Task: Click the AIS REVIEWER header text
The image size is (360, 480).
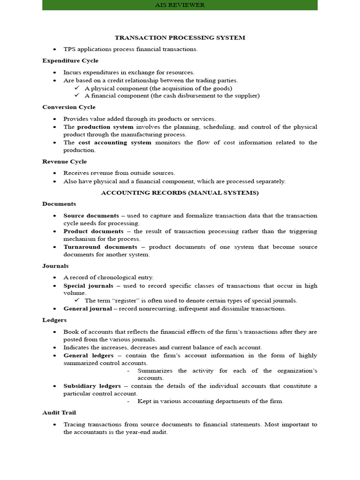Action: [x=180, y=5]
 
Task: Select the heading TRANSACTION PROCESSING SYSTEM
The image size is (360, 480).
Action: [x=180, y=37]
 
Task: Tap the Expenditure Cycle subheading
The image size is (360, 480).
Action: [x=70, y=60]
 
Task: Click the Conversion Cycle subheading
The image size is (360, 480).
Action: [x=68, y=107]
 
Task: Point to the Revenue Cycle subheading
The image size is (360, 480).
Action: [x=64, y=162]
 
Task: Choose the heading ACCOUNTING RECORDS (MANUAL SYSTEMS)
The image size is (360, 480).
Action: [x=180, y=193]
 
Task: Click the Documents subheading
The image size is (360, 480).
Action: [x=59, y=204]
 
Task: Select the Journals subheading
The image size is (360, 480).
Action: [x=55, y=266]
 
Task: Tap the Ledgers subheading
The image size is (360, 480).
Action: [x=54, y=320]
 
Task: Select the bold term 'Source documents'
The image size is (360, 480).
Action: [x=91, y=216]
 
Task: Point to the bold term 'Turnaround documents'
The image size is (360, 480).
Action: [x=100, y=247]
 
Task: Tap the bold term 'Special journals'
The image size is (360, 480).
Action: [x=88, y=285]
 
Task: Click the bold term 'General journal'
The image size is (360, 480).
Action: [x=88, y=308]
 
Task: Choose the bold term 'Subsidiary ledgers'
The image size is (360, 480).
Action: [x=92, y=386]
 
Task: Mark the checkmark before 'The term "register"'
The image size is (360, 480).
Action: [x=78, y=300]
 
